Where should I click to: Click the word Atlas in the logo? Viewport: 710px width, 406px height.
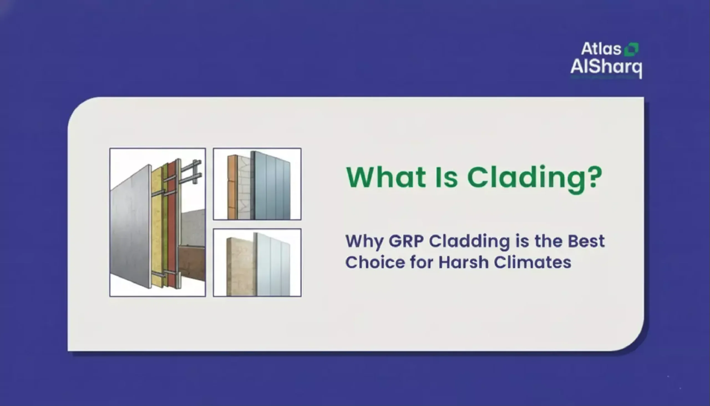pos(601,49)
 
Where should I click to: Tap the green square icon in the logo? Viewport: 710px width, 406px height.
pos(632,50)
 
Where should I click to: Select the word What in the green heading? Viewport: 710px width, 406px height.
pos(386,177)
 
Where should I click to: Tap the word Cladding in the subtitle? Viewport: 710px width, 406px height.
pos(469,241)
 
